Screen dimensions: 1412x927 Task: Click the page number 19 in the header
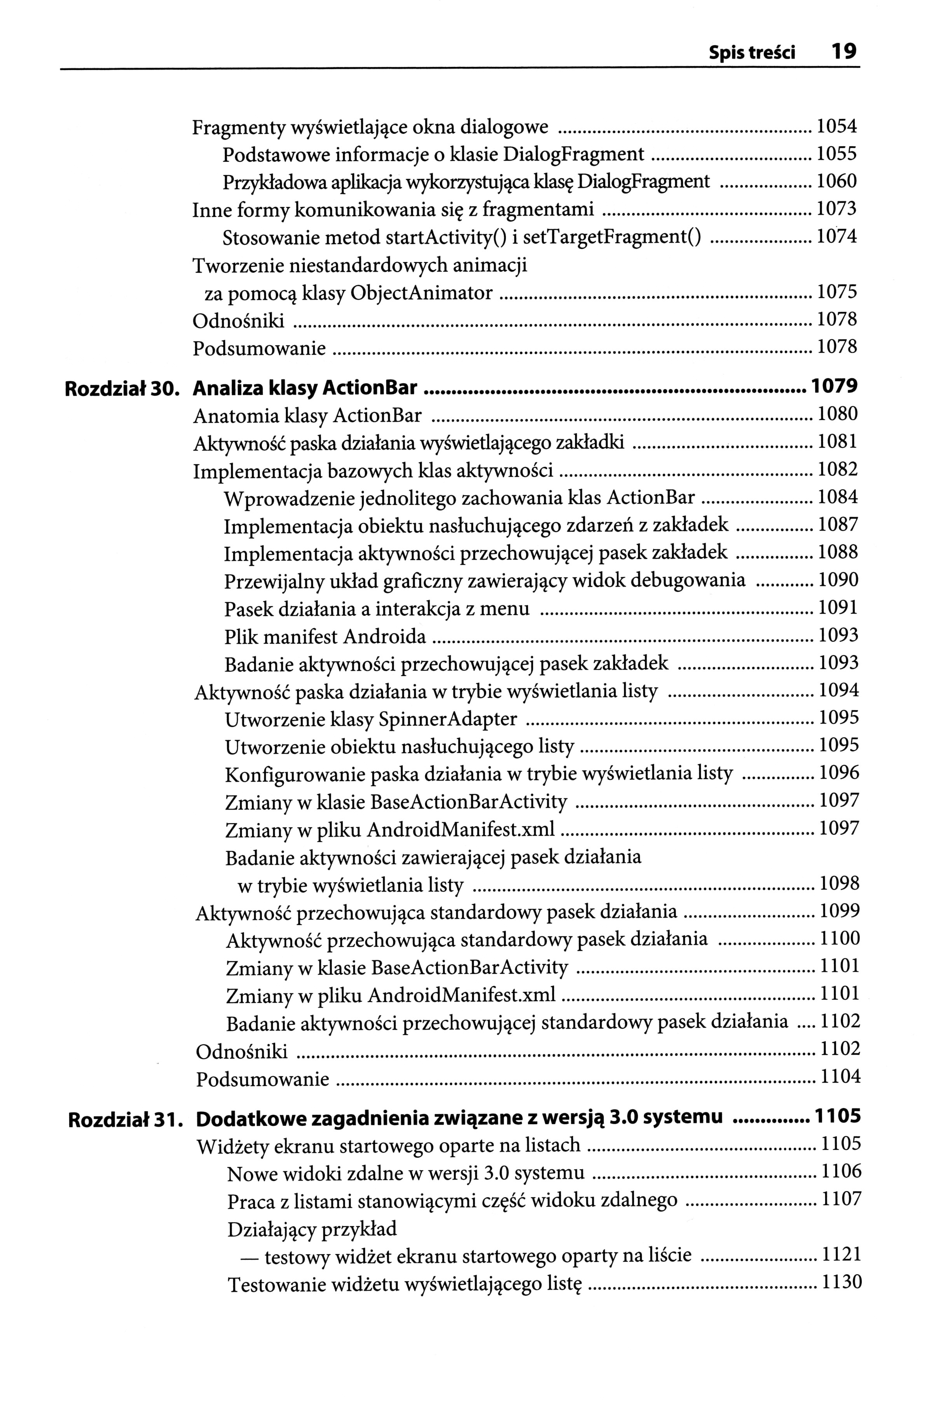pos(843,52)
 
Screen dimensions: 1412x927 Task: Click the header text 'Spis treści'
pos(752,53)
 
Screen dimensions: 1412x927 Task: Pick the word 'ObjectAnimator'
pos(422,293)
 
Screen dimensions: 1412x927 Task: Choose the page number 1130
pos(840,1283)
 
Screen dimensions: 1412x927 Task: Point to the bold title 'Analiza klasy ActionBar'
pos(306,388)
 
